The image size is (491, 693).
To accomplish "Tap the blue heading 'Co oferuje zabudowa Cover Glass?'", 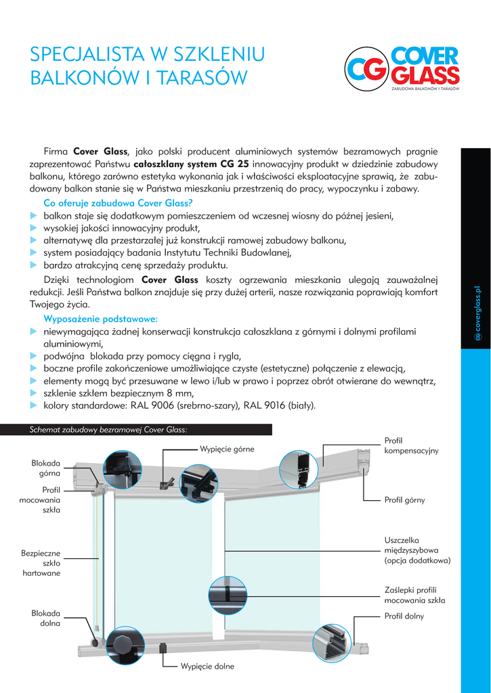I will click(118, 202).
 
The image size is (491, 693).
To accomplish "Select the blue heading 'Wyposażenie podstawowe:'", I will click(100, 318).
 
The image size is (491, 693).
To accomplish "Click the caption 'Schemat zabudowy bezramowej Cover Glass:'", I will click(108, 430).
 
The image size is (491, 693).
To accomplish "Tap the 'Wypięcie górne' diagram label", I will click(227, 449).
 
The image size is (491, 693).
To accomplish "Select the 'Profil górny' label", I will click(404, 500).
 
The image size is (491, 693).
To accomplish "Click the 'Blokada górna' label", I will click(46, 468).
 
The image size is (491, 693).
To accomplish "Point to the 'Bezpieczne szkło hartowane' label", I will click(41, 563).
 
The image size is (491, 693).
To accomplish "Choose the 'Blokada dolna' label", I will click(46, 618).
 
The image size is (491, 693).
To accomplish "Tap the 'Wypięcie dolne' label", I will click(207, 667).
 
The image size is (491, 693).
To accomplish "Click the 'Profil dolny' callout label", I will click(404, 617).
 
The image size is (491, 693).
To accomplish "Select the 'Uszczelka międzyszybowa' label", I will click(417, 550).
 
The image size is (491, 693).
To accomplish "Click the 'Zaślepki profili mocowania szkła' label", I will click(414, 595).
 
